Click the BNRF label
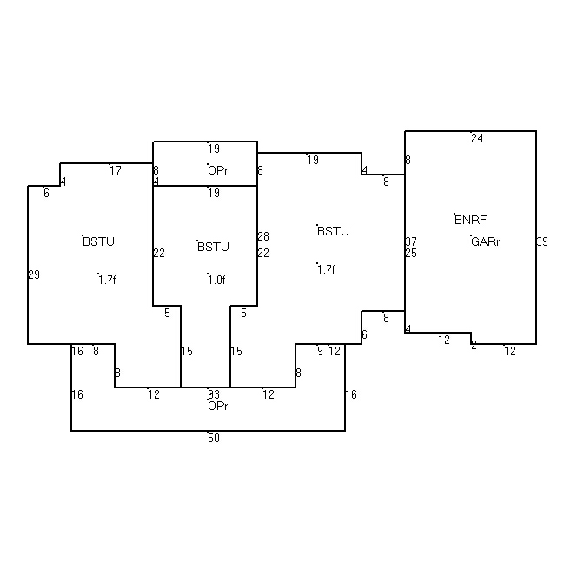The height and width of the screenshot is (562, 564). click(470, 220)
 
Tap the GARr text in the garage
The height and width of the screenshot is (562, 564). click(485, 241)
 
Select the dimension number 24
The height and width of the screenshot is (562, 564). click(477, 138)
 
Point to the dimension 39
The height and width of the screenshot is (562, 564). click(542, 241)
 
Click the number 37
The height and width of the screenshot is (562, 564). click(411, 241)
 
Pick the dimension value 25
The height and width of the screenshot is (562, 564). click(411, 253)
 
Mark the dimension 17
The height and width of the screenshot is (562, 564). click(116, 170)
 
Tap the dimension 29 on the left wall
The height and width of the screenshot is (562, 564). click(34, 274)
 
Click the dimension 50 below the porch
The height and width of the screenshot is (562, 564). click(214, 438)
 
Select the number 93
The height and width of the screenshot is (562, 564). click(214, 394)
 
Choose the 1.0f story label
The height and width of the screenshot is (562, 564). click(216, 280)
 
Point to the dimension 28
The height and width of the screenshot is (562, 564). click(263, 236)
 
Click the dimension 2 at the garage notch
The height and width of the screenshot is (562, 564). click(474, 346)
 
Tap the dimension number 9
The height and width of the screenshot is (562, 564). click(320, 351)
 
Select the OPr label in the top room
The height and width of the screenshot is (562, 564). click(217, 170)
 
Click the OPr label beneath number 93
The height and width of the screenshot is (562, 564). click(217, 406)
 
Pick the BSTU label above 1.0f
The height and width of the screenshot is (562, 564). click(213, 247)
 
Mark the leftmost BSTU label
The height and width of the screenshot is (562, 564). click(98, 241)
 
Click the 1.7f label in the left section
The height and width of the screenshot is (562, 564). click(107, 280)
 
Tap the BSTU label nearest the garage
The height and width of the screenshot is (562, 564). click(333, 231)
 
